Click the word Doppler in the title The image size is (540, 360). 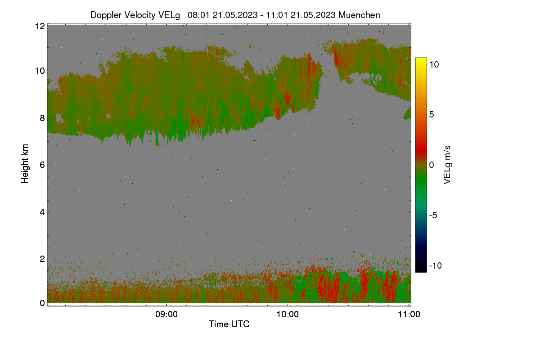(x=106, y=15)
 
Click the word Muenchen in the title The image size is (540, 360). (x=359, y=15)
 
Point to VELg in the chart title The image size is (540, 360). (x=169, y=15)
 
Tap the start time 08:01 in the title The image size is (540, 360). (x=198, y=15)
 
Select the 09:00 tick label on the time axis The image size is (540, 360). (x=166, y=314)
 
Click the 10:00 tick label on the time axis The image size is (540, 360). (x=288, y=314)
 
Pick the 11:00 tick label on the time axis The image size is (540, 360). (x=409, y=314)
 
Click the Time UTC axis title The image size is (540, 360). (x=229, y=324)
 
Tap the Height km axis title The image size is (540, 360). (x=25, y=164)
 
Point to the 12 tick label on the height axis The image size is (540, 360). (x=40, y=26)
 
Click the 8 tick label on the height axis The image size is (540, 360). (x=42, y=118)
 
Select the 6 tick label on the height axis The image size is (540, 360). (x=42, y=165)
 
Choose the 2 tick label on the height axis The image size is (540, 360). (x=42, y=259)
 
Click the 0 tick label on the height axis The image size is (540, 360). (x=42, y=303)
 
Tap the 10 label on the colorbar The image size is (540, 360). (x=434, y=64)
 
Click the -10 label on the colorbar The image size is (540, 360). (x=436, y=265)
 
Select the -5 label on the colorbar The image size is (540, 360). (x=433, y=215)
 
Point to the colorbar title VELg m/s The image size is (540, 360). (x=447, y=165)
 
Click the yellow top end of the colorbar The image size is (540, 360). (x=421, y=58)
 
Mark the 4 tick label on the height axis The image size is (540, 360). (x=42, y=212)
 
